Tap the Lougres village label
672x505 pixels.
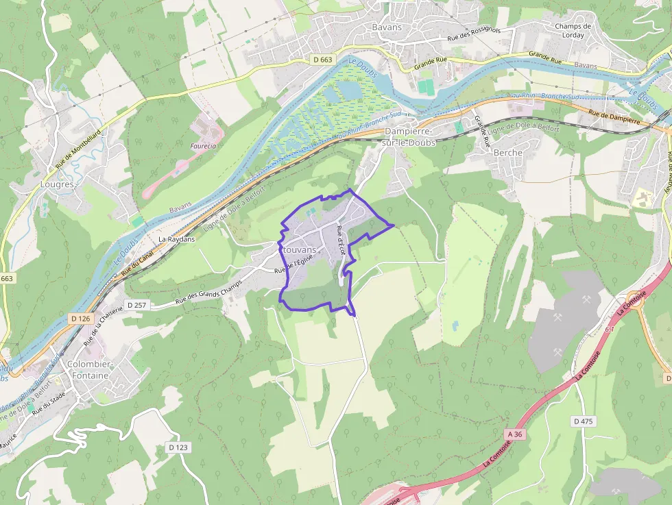point(58,184)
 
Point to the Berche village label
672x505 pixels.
point(507,153)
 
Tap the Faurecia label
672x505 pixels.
point(204,146)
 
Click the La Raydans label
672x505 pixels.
point(176,239)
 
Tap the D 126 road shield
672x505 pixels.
point(81,319)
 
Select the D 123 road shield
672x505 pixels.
point(178,447)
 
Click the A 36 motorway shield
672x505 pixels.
point(516,434)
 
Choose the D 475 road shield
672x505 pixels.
point(584,421)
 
